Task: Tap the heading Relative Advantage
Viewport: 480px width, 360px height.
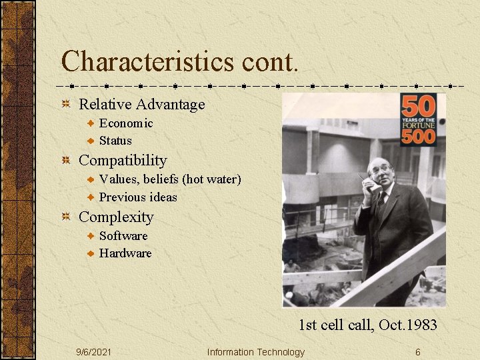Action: point(142,105)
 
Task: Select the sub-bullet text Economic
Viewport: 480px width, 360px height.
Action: point(126,123)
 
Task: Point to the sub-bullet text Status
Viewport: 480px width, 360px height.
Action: point(115,141)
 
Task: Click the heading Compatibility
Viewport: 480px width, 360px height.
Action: point(123,161)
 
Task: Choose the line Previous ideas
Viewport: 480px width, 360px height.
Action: point(138,197)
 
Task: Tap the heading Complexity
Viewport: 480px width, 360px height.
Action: point(116,217)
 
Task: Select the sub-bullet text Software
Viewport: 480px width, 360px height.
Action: point(123,236)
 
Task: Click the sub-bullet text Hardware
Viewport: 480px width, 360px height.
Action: point(125,253)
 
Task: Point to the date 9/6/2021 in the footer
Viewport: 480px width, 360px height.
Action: point(94,352)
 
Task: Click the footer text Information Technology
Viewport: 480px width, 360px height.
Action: point(256,352)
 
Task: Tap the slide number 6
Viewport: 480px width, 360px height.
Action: point(417,352)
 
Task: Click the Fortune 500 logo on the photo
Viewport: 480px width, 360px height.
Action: point(418,120)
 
